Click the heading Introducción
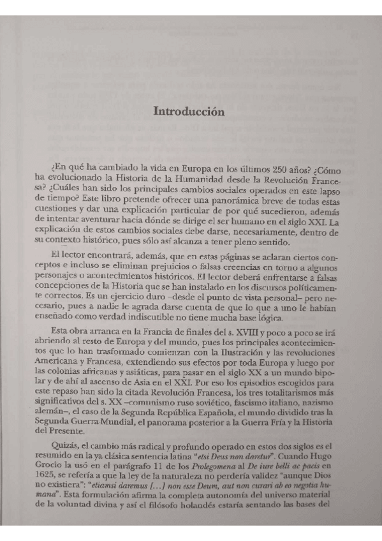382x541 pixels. pyautogui.click(x=189, y=111)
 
